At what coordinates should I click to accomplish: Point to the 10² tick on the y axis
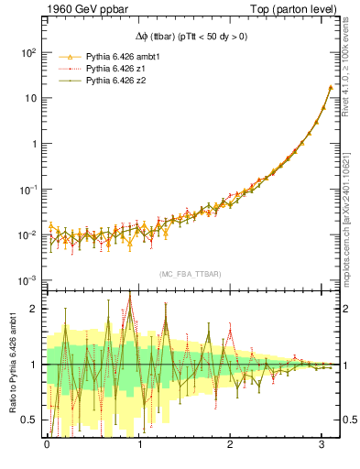tap(27, 53)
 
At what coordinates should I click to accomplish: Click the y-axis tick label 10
tap(29, 99)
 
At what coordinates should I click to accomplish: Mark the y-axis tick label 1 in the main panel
tap(33, 145)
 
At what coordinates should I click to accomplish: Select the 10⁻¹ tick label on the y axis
tap(27, 190)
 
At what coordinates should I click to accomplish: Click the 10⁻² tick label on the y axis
tap(27, 235)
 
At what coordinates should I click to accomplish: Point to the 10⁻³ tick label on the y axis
tap(27, 280)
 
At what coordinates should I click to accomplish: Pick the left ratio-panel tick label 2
tap(34, 309)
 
